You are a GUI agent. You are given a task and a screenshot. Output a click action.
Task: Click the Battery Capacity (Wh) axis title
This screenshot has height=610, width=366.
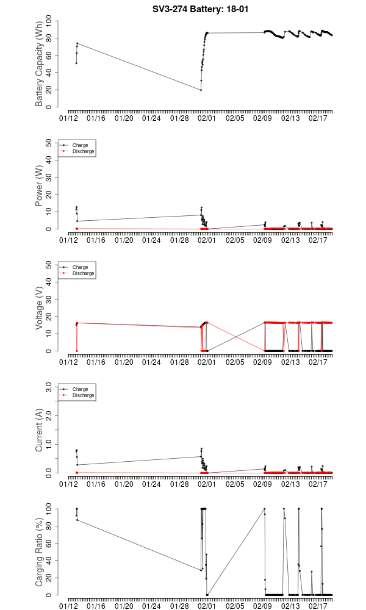pos(40,64)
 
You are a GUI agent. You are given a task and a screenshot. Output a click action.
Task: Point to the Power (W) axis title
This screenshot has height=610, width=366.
pos(40,186)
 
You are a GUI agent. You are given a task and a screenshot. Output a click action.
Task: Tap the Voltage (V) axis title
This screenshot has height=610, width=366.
pos(40,308)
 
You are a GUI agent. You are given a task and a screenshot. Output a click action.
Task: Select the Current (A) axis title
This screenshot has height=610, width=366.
pos(40,430)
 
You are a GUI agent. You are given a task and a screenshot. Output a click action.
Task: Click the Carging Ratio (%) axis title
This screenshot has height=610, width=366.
pos(40,552)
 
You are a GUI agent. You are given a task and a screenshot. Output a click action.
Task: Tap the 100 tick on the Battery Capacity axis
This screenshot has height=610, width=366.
pos(48,21)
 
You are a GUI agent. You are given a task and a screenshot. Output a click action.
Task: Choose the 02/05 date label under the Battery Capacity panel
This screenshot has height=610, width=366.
pos(235,118)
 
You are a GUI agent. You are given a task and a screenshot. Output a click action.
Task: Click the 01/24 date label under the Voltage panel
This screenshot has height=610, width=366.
pos(152,362)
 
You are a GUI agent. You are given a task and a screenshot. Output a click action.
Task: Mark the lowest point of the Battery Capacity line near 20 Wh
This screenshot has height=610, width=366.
pos(201,90)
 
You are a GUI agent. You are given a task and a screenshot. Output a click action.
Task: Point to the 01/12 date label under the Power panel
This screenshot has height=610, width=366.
pos(69,240)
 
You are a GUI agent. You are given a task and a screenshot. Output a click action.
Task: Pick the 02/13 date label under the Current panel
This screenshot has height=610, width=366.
pos(291,484)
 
